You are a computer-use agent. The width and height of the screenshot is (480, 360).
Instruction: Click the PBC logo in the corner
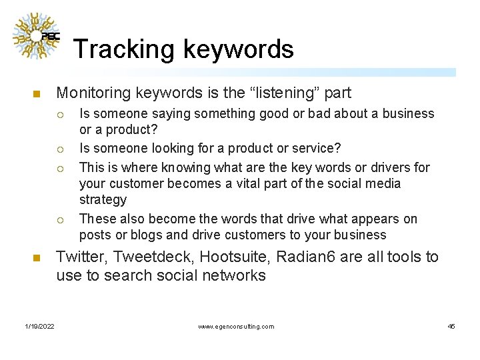click(37, 36)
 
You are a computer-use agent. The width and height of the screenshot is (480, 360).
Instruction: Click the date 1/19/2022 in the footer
click(40, 326)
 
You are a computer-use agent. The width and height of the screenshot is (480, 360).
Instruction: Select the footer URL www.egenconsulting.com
click(236, 326)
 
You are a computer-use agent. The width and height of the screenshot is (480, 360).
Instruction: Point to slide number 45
click(451, 326)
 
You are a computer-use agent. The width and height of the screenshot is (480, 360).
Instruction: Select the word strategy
click(103, 199)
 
